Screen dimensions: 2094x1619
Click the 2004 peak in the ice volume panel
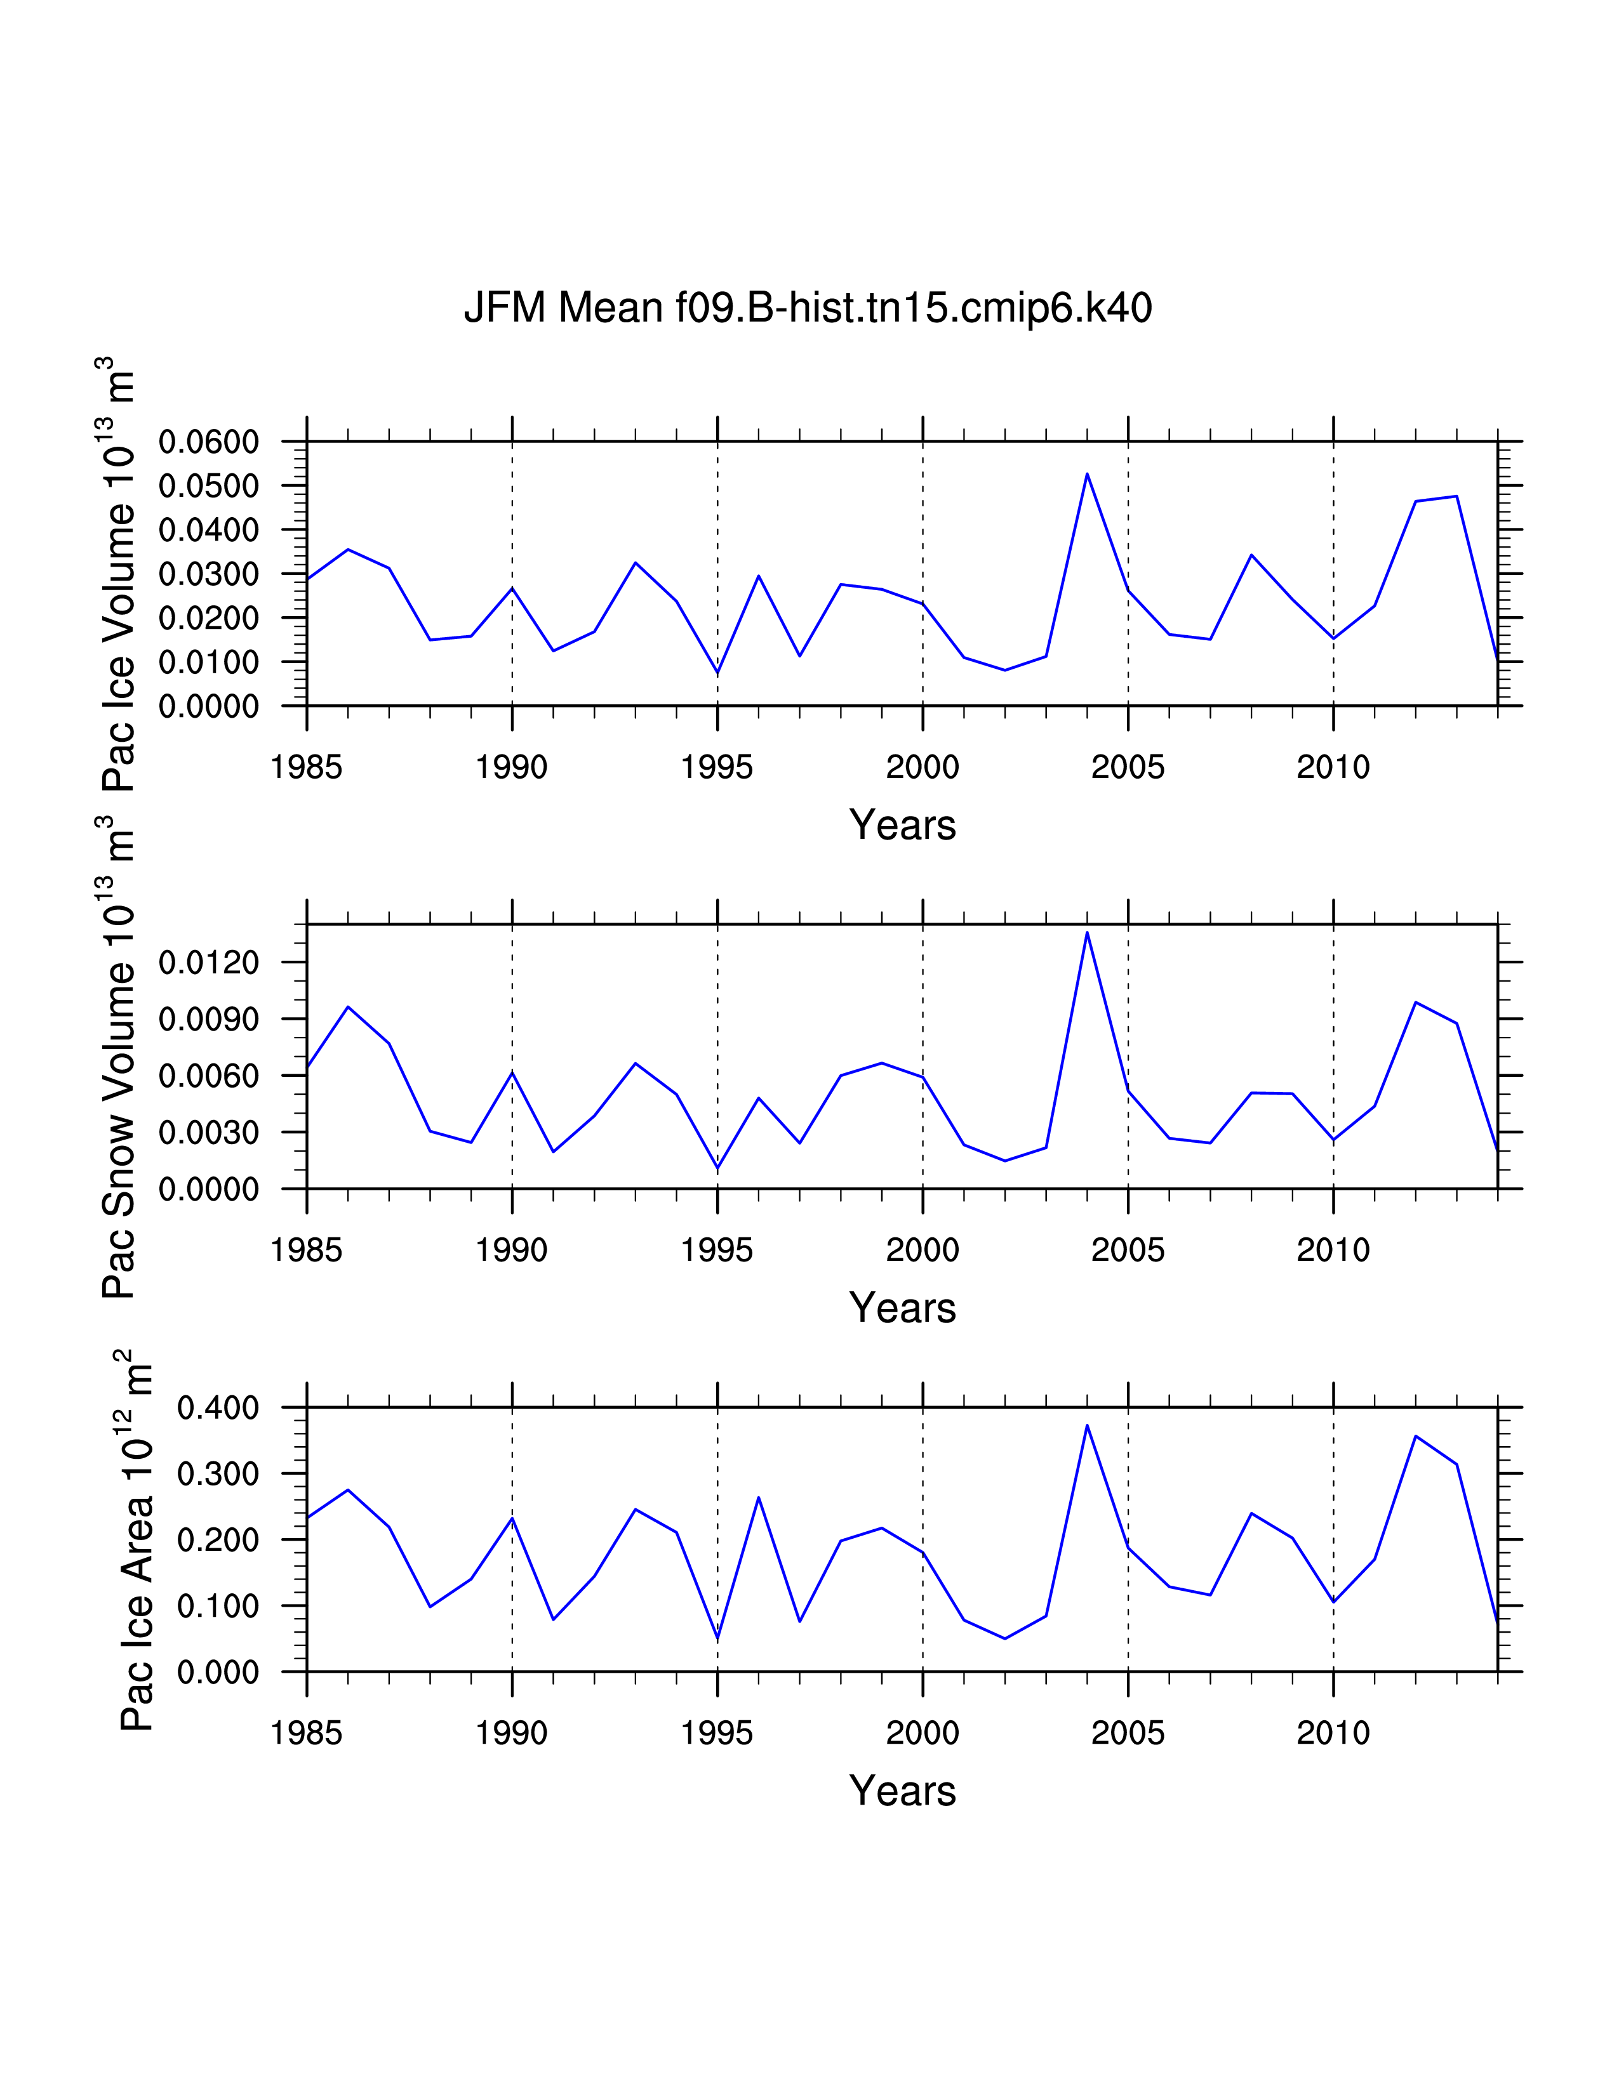tap(1087, 473)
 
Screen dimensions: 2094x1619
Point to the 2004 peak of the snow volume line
tap(1087, 932)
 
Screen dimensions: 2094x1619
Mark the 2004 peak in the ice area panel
tap(1087, 1426)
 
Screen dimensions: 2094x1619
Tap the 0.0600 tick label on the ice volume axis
tap(209, 442)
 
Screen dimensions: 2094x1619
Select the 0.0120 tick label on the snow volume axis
tap(209, 962)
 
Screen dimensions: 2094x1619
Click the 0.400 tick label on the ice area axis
tap(218, 1409)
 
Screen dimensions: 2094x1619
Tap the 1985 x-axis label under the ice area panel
tap(306, 1734)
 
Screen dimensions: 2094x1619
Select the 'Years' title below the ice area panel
tap(903, 1791)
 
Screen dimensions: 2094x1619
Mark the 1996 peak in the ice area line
tap(759, 1498)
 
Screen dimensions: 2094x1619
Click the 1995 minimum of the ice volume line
tap(717, 673)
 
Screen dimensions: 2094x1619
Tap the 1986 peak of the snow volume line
tap(348, 1007)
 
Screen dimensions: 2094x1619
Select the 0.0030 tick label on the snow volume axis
tap(209, 1132)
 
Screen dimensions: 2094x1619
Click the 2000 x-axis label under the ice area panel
tap(922, 1734)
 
